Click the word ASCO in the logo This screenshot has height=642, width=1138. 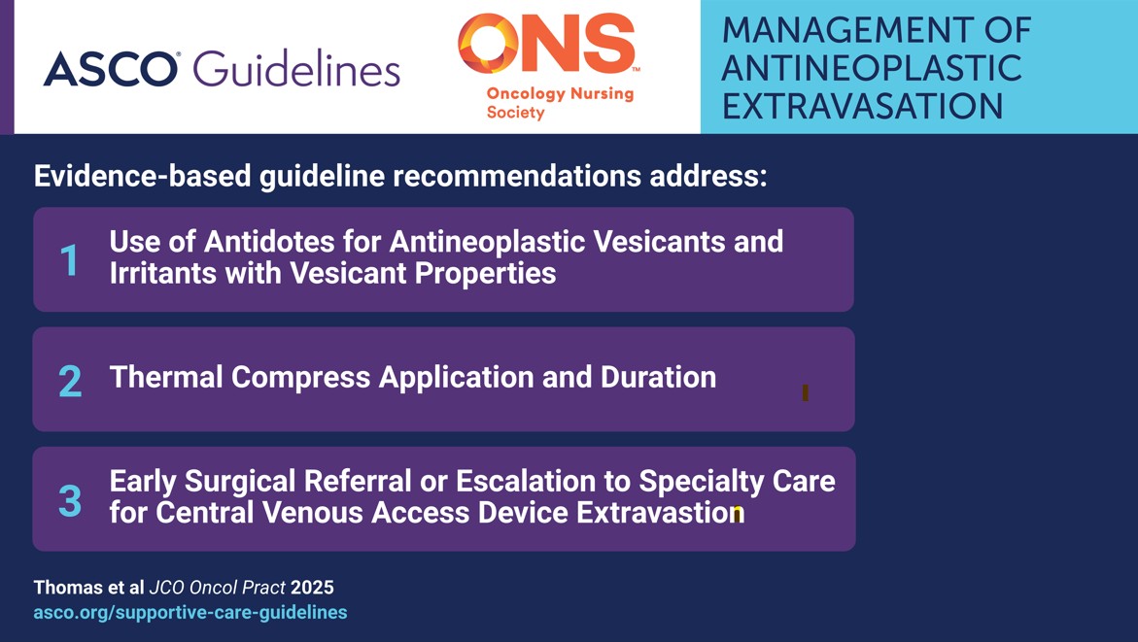coord(110,69)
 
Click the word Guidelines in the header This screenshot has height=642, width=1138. coord(296,69)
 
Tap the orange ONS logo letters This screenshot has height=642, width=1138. coord(547,45)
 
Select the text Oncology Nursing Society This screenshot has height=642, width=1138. coord(559,103)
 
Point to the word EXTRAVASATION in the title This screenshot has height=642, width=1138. coord(863,106)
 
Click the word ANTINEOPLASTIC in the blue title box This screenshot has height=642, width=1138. coord(872,68)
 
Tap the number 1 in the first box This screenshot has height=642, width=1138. coord(69,260)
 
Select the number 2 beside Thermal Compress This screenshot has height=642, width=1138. coord(69,381)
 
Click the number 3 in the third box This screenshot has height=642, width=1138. coord(69,501)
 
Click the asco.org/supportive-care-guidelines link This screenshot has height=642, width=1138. coord(190,612)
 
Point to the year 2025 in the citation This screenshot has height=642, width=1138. coord(312,588)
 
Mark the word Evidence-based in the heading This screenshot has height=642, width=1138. coord(143,177)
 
